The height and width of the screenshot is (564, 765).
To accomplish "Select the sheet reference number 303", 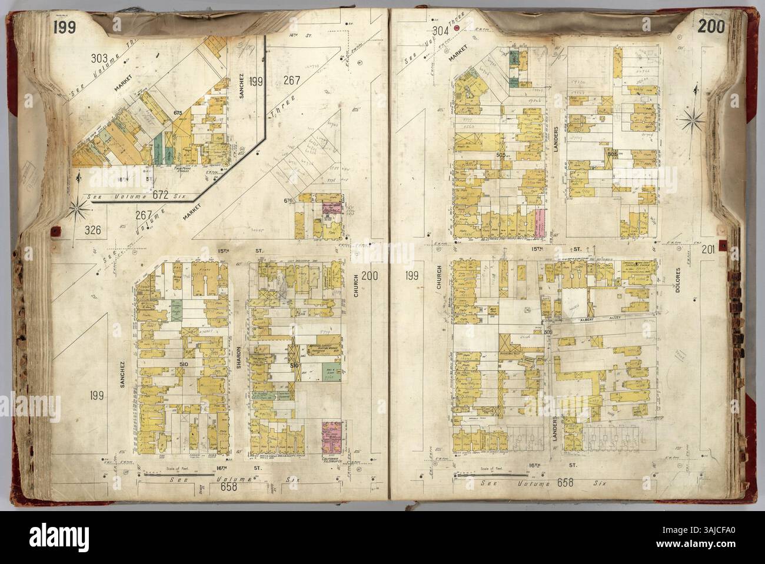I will click(100, 59).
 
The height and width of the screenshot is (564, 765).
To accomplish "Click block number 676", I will click(288, 201).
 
